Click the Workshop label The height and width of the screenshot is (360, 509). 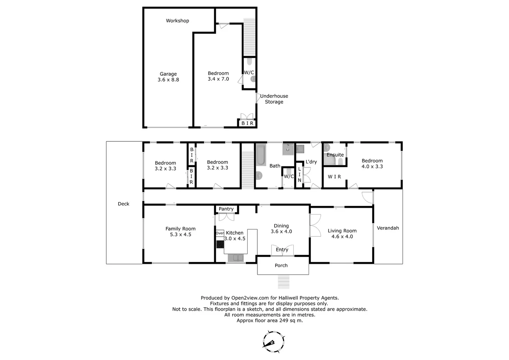point(177,21)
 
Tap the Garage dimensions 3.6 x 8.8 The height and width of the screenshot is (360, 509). point(168,80)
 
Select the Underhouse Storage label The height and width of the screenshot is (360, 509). point(274,99)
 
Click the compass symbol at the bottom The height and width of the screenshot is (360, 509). point(273,342)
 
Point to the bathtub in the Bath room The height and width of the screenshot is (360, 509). point(260,154)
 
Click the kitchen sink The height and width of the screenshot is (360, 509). point(236,258)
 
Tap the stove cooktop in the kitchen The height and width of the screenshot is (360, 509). point(220,244)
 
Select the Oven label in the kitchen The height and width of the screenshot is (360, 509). point(220,233)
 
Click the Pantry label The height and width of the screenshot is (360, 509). point(226,209)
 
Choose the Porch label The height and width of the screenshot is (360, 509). point(281,266)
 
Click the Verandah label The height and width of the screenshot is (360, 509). point(388,228)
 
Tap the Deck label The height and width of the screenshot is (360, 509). point(123,204)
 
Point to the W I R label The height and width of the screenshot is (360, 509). point(334,177)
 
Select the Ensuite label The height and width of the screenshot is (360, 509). point(335,155)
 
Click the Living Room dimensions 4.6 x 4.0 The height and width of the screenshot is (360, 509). point(342,237)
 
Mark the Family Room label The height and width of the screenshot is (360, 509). point(180,229)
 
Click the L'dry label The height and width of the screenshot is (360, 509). point(311,162)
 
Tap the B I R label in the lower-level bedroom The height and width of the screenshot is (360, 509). point(247,123)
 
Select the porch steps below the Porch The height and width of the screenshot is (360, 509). point(284,282)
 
